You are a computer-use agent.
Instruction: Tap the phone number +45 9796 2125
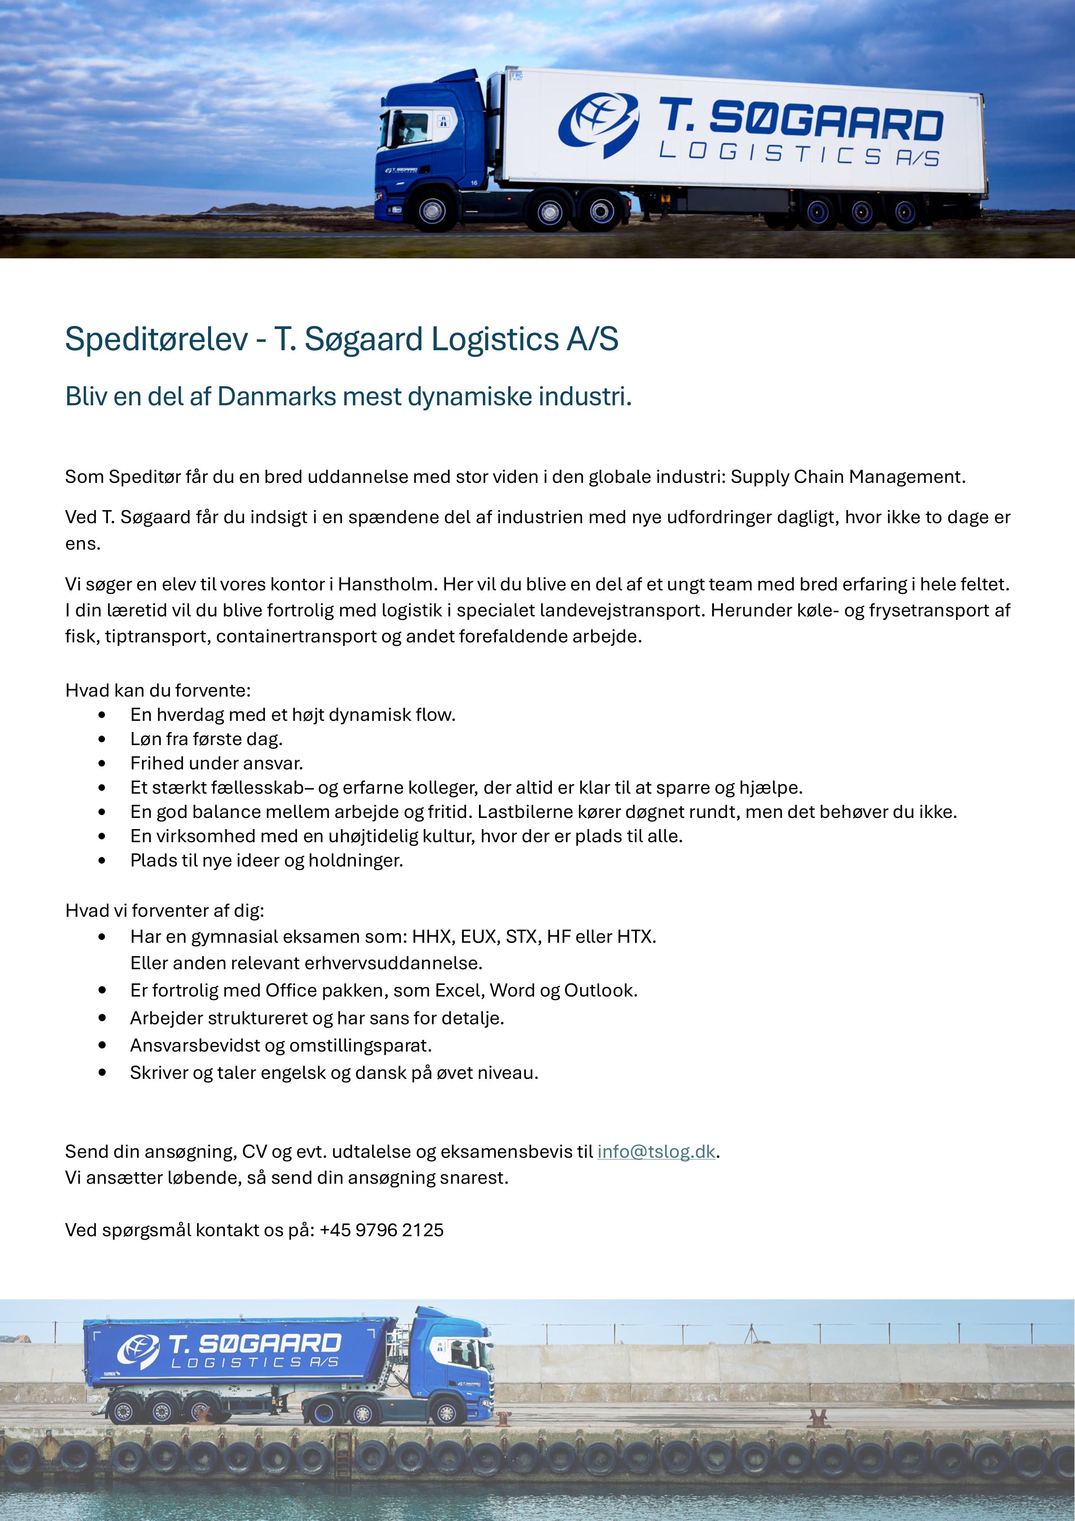381,1230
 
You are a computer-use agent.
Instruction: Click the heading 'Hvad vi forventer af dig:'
164,910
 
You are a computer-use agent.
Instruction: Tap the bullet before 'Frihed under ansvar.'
101,763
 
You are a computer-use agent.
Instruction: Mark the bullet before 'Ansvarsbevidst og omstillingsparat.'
101,1045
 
